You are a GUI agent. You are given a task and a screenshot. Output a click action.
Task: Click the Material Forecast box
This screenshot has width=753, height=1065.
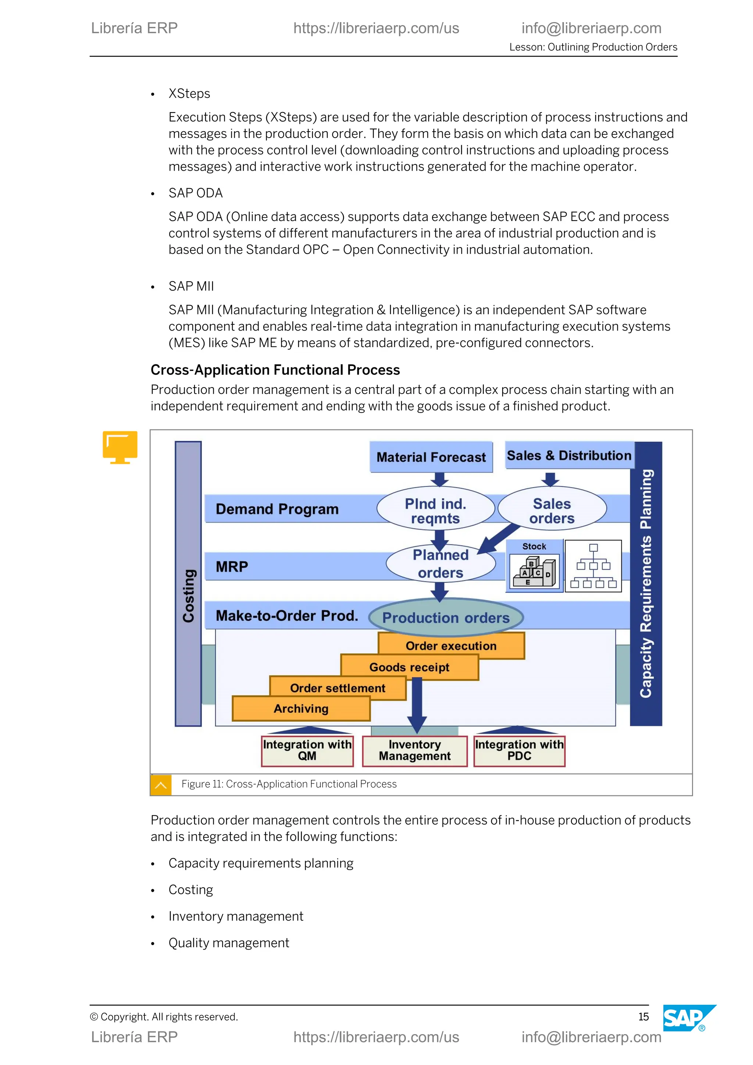pos(431,457)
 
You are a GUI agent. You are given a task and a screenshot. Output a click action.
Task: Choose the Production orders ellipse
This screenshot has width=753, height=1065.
pos(446,617)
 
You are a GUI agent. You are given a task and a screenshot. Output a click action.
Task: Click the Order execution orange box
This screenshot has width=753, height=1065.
pos(451,645)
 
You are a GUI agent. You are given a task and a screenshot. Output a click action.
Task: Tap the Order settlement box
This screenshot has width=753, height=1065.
pos(338,688)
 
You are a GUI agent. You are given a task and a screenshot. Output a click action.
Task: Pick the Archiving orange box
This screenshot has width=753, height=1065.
pos(301,708)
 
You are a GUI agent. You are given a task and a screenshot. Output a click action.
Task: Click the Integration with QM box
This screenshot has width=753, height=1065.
pos(307,750)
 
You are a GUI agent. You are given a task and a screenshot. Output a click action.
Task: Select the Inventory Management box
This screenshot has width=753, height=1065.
pos(414,750)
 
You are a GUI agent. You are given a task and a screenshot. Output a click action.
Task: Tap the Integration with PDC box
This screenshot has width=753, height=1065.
pos(519,750)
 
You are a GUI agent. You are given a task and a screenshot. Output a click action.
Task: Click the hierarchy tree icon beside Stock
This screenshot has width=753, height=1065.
pos(593,566)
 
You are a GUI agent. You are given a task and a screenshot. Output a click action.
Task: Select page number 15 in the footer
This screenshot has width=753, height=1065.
pos(643,1017)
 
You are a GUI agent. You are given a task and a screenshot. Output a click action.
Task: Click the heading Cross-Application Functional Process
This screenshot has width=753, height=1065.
pos(275,370)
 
